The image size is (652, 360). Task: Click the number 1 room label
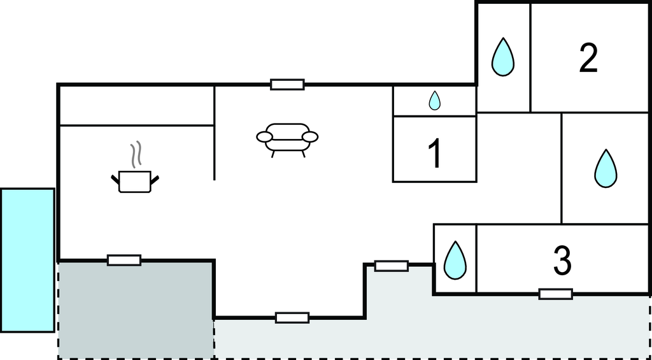pyautogui.click(x=435, y=154)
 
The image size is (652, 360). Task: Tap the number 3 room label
pyautogui.click(x=562, y=261)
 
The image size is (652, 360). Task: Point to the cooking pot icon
pyautogui.click(x=135, y=181)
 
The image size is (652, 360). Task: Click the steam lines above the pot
pyautogui.click(x=135, y=154)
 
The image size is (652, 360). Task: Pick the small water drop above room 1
pyautogui.click(x=435, y=101)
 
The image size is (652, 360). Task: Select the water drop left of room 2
pyautogui.click(x=503, y=57)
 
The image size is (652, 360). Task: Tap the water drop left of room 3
pyautogui.click(x=455, y=260)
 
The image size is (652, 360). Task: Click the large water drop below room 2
pyautogui.click(x=606, y=168)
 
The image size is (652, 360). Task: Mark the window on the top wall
pyautogui.click(x=287, y=84)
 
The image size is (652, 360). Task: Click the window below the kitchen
pyautogui.click(x=124, y=260)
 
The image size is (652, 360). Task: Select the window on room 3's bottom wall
pyautogui.click(x=555, y=294)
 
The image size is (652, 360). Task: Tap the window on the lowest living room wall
pyautogui.click(x=292, y=317)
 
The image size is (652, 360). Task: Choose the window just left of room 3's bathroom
pyautogui.click(x=392, y=266)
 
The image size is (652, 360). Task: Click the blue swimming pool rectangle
pyautogui.click(x=27, y=260)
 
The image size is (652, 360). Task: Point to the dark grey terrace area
pyautogui.click(x=136, y=310)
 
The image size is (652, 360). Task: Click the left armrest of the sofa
pyautogui.click(x=264, y=136)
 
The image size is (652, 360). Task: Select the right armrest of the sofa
pyautogui.click(x=310, y=136)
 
